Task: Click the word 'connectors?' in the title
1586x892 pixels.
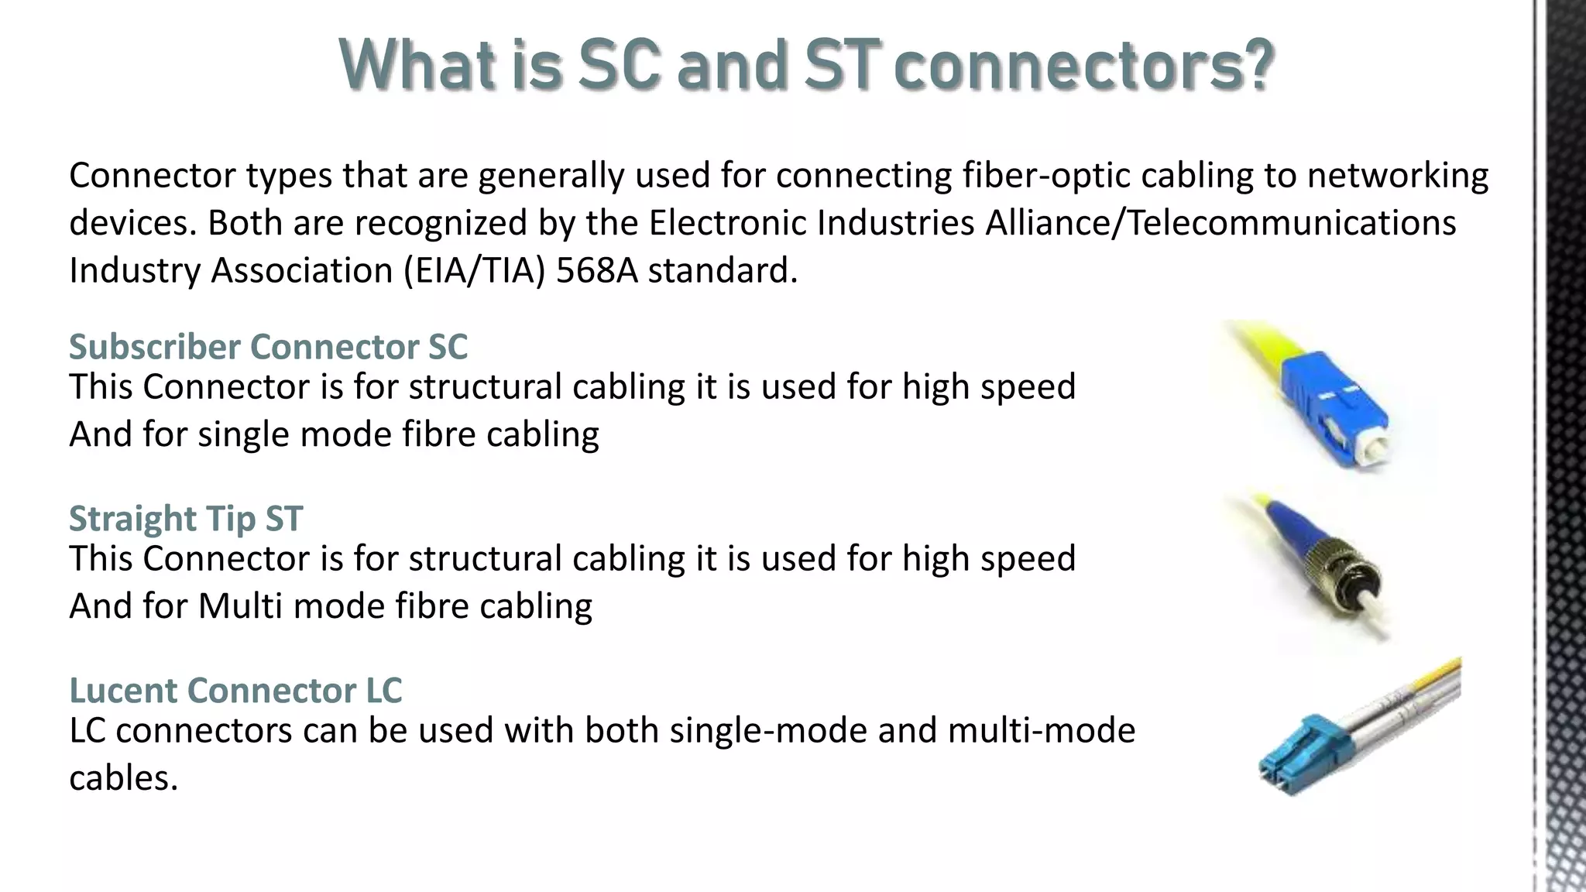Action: tap(1083, 65)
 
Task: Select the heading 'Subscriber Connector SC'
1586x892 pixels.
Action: tap(268, 346)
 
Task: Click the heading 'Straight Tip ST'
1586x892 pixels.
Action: tap(185, 518)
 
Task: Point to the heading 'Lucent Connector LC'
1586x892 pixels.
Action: tap(235, 690)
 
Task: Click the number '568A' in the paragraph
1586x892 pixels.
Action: tap(596, 270)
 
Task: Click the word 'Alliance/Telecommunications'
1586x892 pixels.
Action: tap(1220, 223)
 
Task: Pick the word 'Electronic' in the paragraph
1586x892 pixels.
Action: tap(727, 223)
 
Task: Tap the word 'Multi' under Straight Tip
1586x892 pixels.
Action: tap(240, 606)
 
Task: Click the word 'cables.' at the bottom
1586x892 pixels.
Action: tap(124, 777)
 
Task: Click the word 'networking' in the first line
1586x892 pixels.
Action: tap(1397, 176)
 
